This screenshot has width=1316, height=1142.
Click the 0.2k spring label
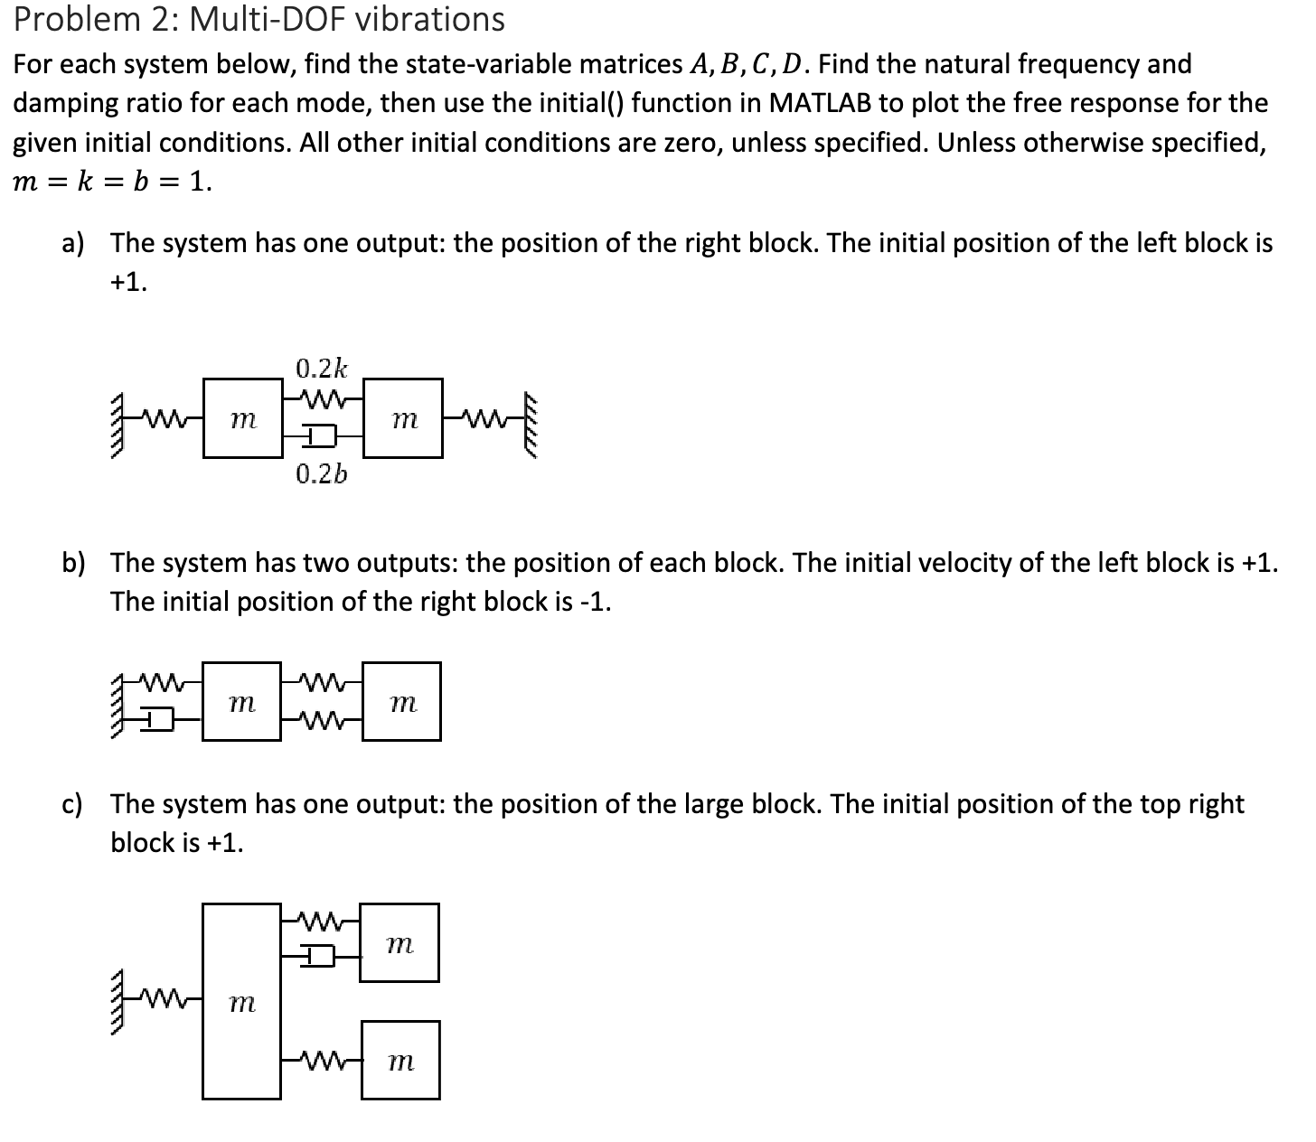[321, 368]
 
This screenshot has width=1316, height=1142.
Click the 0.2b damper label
[321, 473]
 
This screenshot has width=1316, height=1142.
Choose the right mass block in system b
[402, 701]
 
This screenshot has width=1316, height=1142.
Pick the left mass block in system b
[241, 701]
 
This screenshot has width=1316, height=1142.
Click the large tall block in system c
[241, 1001]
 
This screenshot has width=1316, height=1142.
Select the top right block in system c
[399, 943]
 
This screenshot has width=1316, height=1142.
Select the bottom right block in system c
[400, 1060]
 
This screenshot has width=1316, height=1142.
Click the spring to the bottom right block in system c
[322, 1059]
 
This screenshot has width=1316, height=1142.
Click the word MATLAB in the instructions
[818, 103]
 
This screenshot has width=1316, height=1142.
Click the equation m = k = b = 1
[112, 182]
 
